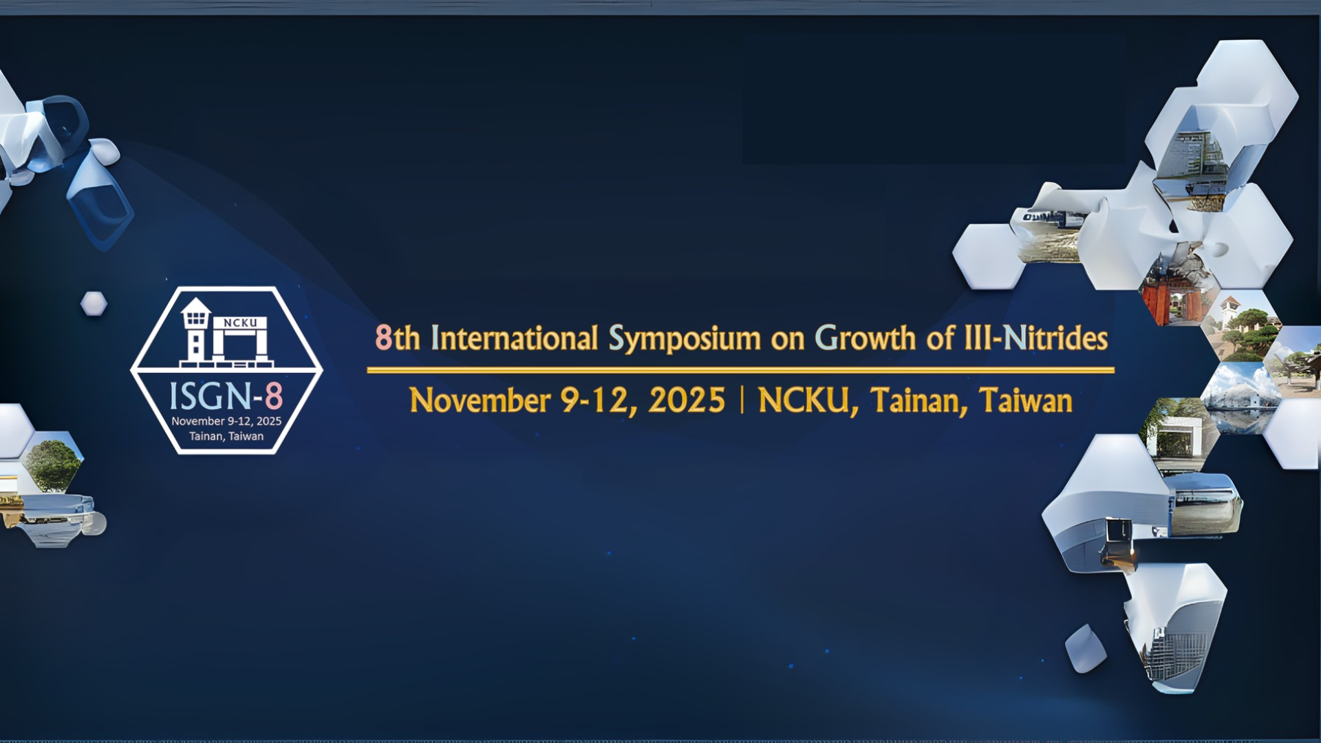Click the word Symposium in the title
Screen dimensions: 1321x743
(685, 339)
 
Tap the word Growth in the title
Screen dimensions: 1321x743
(866, 338)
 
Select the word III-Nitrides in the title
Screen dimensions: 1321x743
(1036, 338)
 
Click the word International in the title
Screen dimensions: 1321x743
(514, 338)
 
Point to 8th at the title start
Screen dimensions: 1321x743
(398, 338)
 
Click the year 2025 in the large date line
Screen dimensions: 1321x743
(687, 400)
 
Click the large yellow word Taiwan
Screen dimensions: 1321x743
(1025, 400)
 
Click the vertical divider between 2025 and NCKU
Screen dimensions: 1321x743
(742, 400)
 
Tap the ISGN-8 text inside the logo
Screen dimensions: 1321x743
(226, 396)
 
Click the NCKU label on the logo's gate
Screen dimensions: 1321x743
(240, 323)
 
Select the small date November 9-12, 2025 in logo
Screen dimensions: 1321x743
(226, 421)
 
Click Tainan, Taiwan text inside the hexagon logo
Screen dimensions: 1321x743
(226, 436)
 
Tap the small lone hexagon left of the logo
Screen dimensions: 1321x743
(94, 303)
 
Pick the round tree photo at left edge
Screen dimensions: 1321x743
(52, 462)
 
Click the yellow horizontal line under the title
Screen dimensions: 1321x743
(740, 370)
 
